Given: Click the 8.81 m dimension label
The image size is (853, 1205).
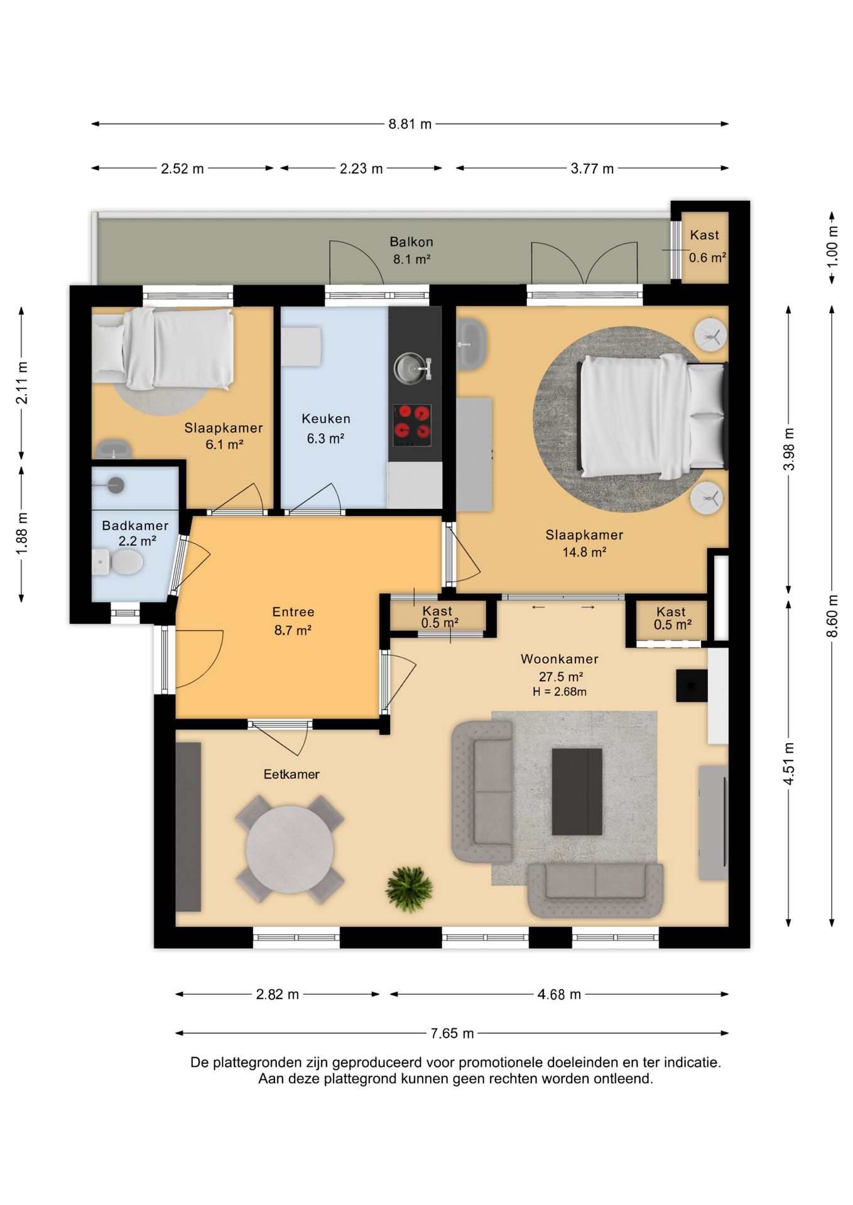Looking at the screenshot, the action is tap(410, 124).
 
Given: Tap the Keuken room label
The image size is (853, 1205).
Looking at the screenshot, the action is tap(326, 419).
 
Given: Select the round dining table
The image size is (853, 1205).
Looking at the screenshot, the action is tap(290, 849).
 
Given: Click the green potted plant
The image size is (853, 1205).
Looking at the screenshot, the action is tap(409, 889).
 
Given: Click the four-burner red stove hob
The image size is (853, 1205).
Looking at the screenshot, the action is tap(412, 424).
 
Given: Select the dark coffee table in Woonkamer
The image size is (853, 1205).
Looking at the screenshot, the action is tap(577, 791).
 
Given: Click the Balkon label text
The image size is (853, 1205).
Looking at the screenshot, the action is tap(411, 242).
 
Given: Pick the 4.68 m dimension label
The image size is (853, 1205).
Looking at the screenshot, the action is tap(559, 994).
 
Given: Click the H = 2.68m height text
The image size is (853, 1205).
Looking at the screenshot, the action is tap(560, 692).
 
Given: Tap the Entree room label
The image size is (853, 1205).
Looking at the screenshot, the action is tap(293, 612).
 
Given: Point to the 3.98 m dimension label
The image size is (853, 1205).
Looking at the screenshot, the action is tap(789, 449).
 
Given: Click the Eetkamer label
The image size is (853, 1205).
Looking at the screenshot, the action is tap(291, 774).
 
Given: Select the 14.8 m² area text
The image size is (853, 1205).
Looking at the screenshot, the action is tap(584, 552).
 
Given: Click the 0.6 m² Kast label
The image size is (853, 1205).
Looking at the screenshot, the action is tap(707, 257).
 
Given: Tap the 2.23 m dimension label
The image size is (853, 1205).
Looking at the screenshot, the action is tap(361, 168).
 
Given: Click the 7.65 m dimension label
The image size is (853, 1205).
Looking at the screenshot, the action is tap(452, 1033).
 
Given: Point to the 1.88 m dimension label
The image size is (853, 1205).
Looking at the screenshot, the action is tap(22, 533).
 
